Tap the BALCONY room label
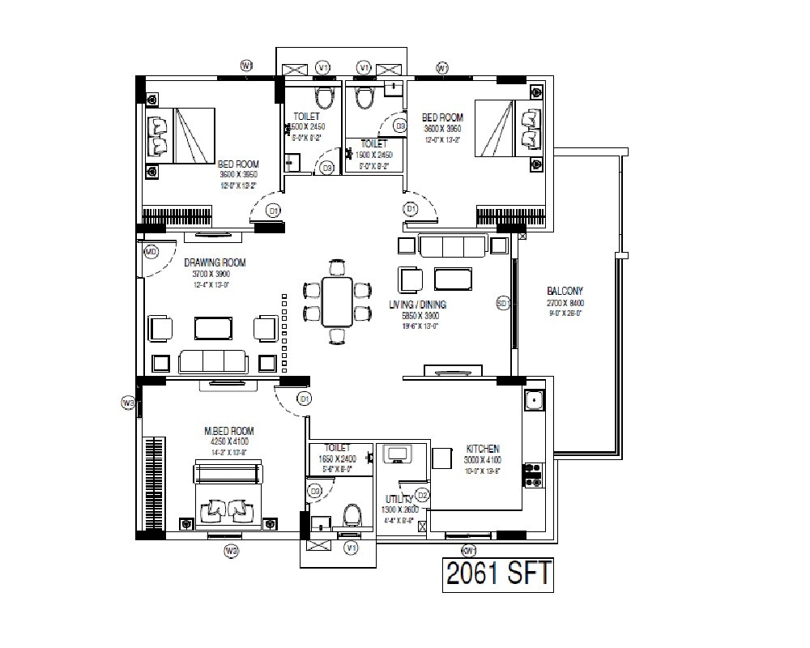click(565, 291)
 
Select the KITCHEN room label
click(483, 449)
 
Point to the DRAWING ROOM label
click(215, 262)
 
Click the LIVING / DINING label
click(417, 305)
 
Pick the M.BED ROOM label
click(229, 431)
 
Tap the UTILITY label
click(401, 501)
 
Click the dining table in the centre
click(337, 300)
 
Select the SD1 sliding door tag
click(502, 303)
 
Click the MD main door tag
click(151, 252)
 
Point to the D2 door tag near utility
click(422, 494)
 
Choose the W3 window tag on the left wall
click(127, 403)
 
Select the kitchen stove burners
click(534, 475)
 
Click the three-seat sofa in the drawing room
click(213, 360)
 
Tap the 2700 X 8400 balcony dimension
click(565, 303)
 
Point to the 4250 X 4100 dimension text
click(229, 442)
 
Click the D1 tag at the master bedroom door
click(304, 399)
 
